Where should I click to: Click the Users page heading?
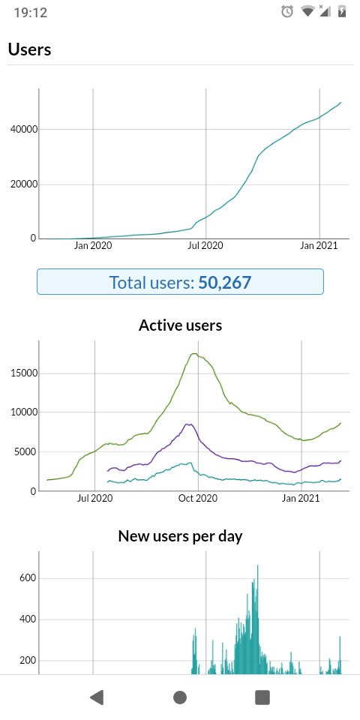point(29,49)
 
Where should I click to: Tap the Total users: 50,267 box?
point(180,281)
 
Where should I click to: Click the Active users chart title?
point(180,325)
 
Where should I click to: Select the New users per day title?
point(180,535)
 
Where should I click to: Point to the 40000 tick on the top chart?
point(23,130)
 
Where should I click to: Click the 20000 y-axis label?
point(23,184)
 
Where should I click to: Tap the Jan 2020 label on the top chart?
point(93,246)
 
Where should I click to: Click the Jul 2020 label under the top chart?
point(205,246)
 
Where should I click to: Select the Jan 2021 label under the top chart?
point(319,246)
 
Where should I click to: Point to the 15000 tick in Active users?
point(23,373)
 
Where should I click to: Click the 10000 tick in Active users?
point(23,412)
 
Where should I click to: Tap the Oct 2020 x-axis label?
point(198,498)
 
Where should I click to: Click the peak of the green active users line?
point(194,353)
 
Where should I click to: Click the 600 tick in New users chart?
point(28,578)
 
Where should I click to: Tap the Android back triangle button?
point(97,697)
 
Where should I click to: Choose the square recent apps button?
point(262,697)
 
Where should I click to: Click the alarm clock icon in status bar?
point(287,11)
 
